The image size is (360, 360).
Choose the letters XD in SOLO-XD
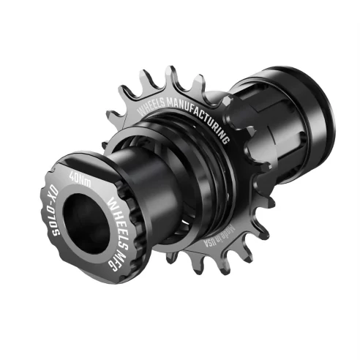click(50, 197)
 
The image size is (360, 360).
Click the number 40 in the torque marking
click(72, 177)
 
